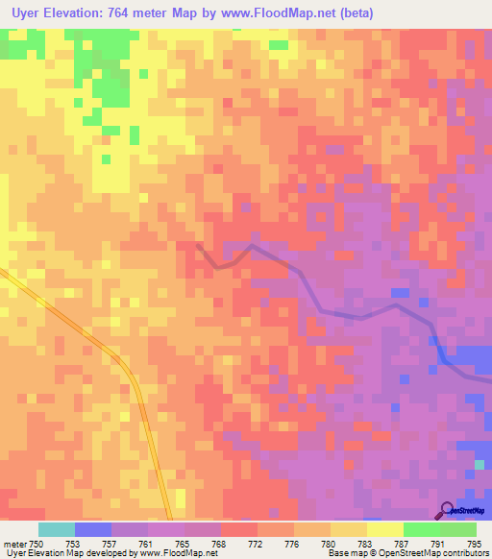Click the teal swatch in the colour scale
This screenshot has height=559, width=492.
[x=57, y=529]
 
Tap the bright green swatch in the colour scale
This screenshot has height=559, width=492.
[x=422, y=529]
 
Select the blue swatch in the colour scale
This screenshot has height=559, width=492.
[x=93, y=529]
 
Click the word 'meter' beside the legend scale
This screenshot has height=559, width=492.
[x=14, y=543]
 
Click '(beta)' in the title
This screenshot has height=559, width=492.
[x=356, y=13]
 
